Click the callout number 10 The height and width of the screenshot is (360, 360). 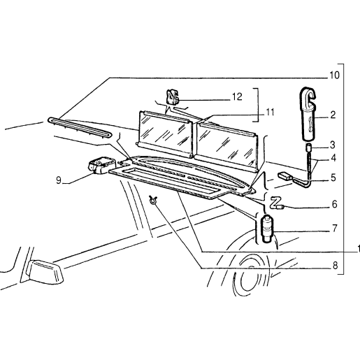pyautogui.click(x=334, y=75)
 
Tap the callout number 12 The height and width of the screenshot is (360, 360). pyautogui.click(x=237, y=96)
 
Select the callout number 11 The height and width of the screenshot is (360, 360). pyautogui.click(x=269, y=113)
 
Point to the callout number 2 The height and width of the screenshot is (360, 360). pyautogui.click(x=333, y=115)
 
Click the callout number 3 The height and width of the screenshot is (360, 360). pyautogui.click(x=332, y=145)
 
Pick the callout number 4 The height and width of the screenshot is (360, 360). pyautogui.click(x=333, y=158)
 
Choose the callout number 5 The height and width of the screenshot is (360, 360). pyautogui.click(x=333, y=178)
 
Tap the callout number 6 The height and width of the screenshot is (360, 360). pyautogui.click(x=335, y=204)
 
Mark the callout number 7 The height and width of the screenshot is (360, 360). pyautogui.click(x=334, y=229)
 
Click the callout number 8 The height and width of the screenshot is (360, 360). pyautogui.click(x=335, y=266)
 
